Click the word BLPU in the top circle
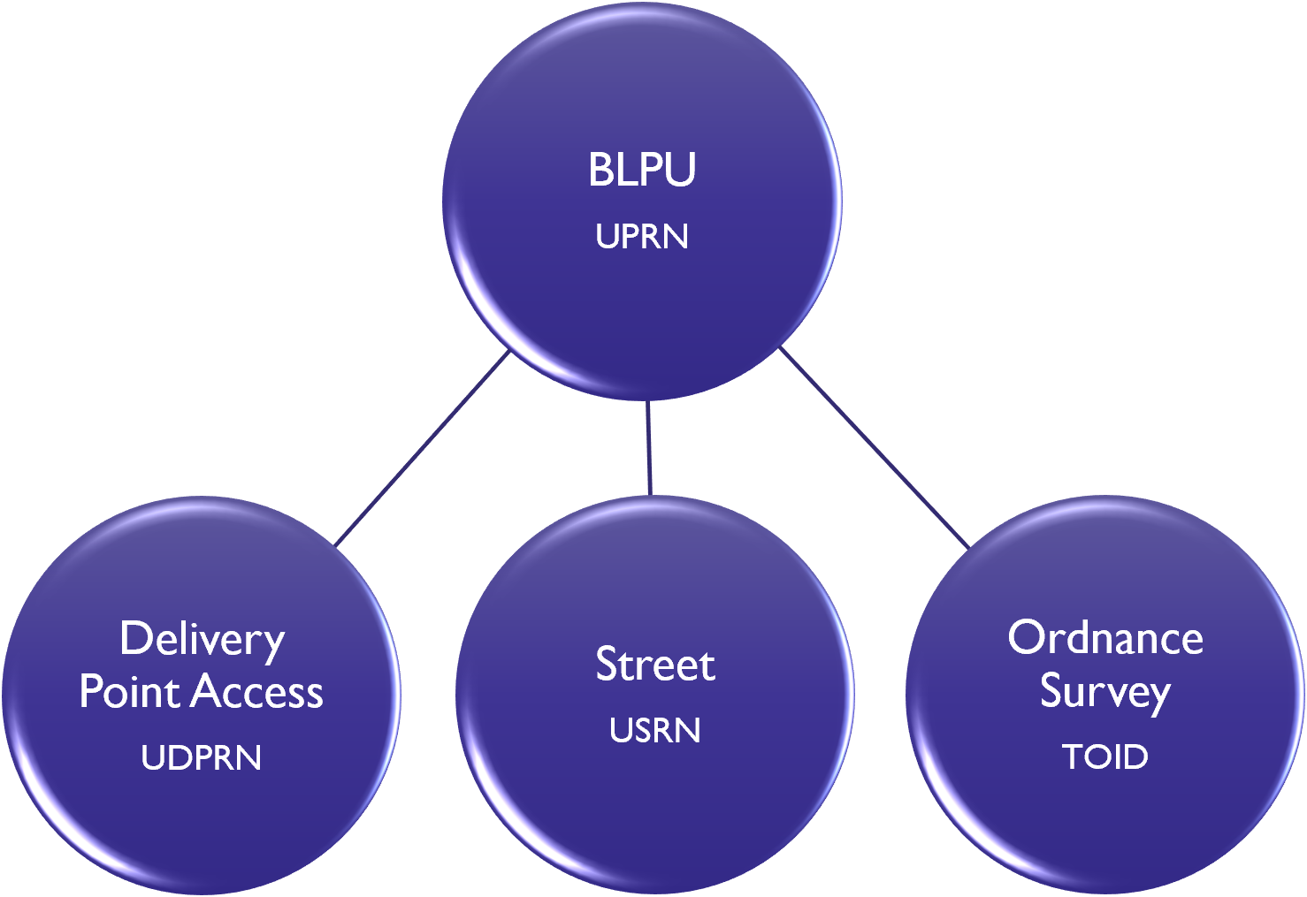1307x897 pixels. tap(642, 170)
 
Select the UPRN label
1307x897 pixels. tap(642, 237)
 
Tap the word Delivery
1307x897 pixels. tap(202, 639)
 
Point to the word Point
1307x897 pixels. tap(129, 691)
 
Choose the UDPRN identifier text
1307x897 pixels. tap(202, 758)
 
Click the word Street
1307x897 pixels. tap(655, 665)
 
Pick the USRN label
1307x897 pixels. tap(655, 731)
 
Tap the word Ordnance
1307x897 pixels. tap(1105, 638)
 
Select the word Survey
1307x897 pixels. tap(1105, 691)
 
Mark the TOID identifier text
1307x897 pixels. tap(1105, 757)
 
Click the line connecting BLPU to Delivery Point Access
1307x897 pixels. tap(423, 448)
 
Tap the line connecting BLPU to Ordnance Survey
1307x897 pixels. tap(874, 447)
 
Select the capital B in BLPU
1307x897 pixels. tap(600, 170)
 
